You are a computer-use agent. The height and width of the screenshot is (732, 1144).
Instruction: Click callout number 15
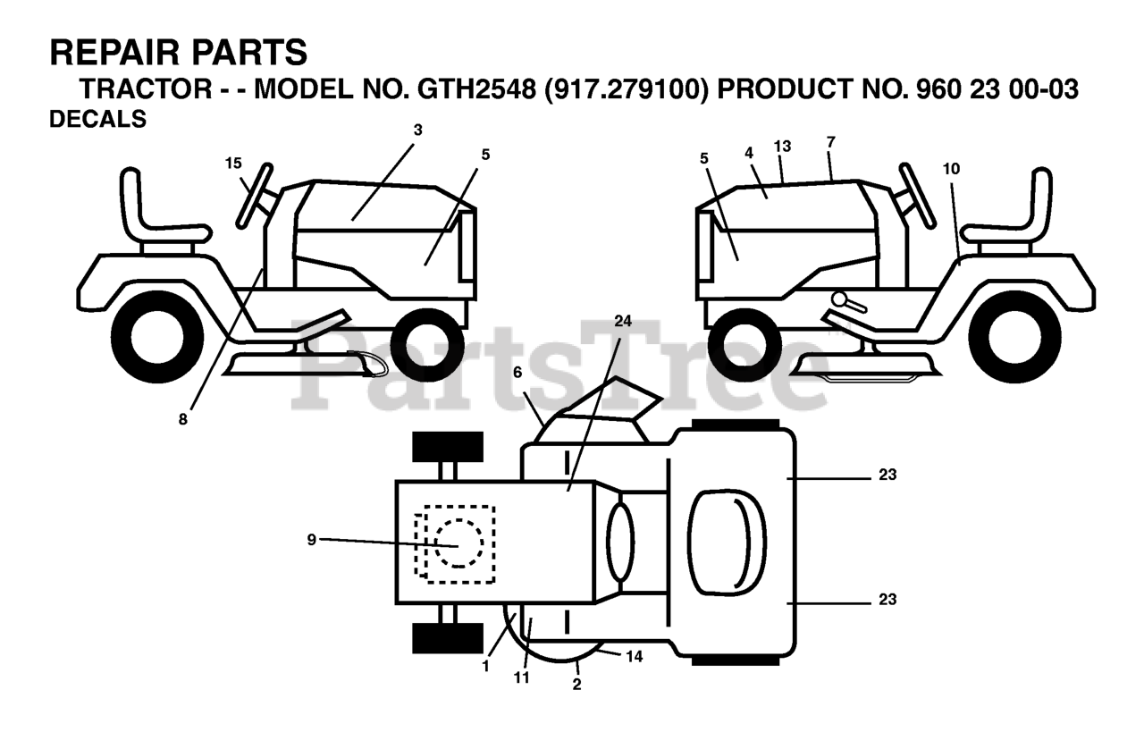click(x=233, y=163)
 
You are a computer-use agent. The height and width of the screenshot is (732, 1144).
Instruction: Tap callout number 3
click(x=417, y=130)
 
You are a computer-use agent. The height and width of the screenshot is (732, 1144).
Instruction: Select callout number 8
click(x=183, y=418)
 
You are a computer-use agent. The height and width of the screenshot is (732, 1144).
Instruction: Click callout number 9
click(x=311, y=539)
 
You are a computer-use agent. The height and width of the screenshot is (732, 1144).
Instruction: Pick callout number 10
click(x=950, y=167)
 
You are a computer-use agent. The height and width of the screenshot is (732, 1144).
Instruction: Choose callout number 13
click(x=783, y=146)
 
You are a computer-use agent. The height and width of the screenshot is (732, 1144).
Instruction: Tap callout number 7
click(x=831, y=142)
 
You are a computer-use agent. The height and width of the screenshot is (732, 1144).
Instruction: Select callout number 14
click(x=634, y=656)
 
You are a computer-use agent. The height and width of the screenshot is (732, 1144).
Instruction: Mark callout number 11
click(x=521, y=677)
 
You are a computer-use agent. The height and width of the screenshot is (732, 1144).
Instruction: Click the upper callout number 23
click(x=887, y=475)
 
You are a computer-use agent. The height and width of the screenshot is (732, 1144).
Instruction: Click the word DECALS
click(x=98, y=120)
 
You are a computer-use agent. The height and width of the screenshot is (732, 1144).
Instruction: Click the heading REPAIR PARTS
click(x=179, y=53)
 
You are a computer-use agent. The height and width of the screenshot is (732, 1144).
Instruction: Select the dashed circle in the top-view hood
click(x=458, y=543)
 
